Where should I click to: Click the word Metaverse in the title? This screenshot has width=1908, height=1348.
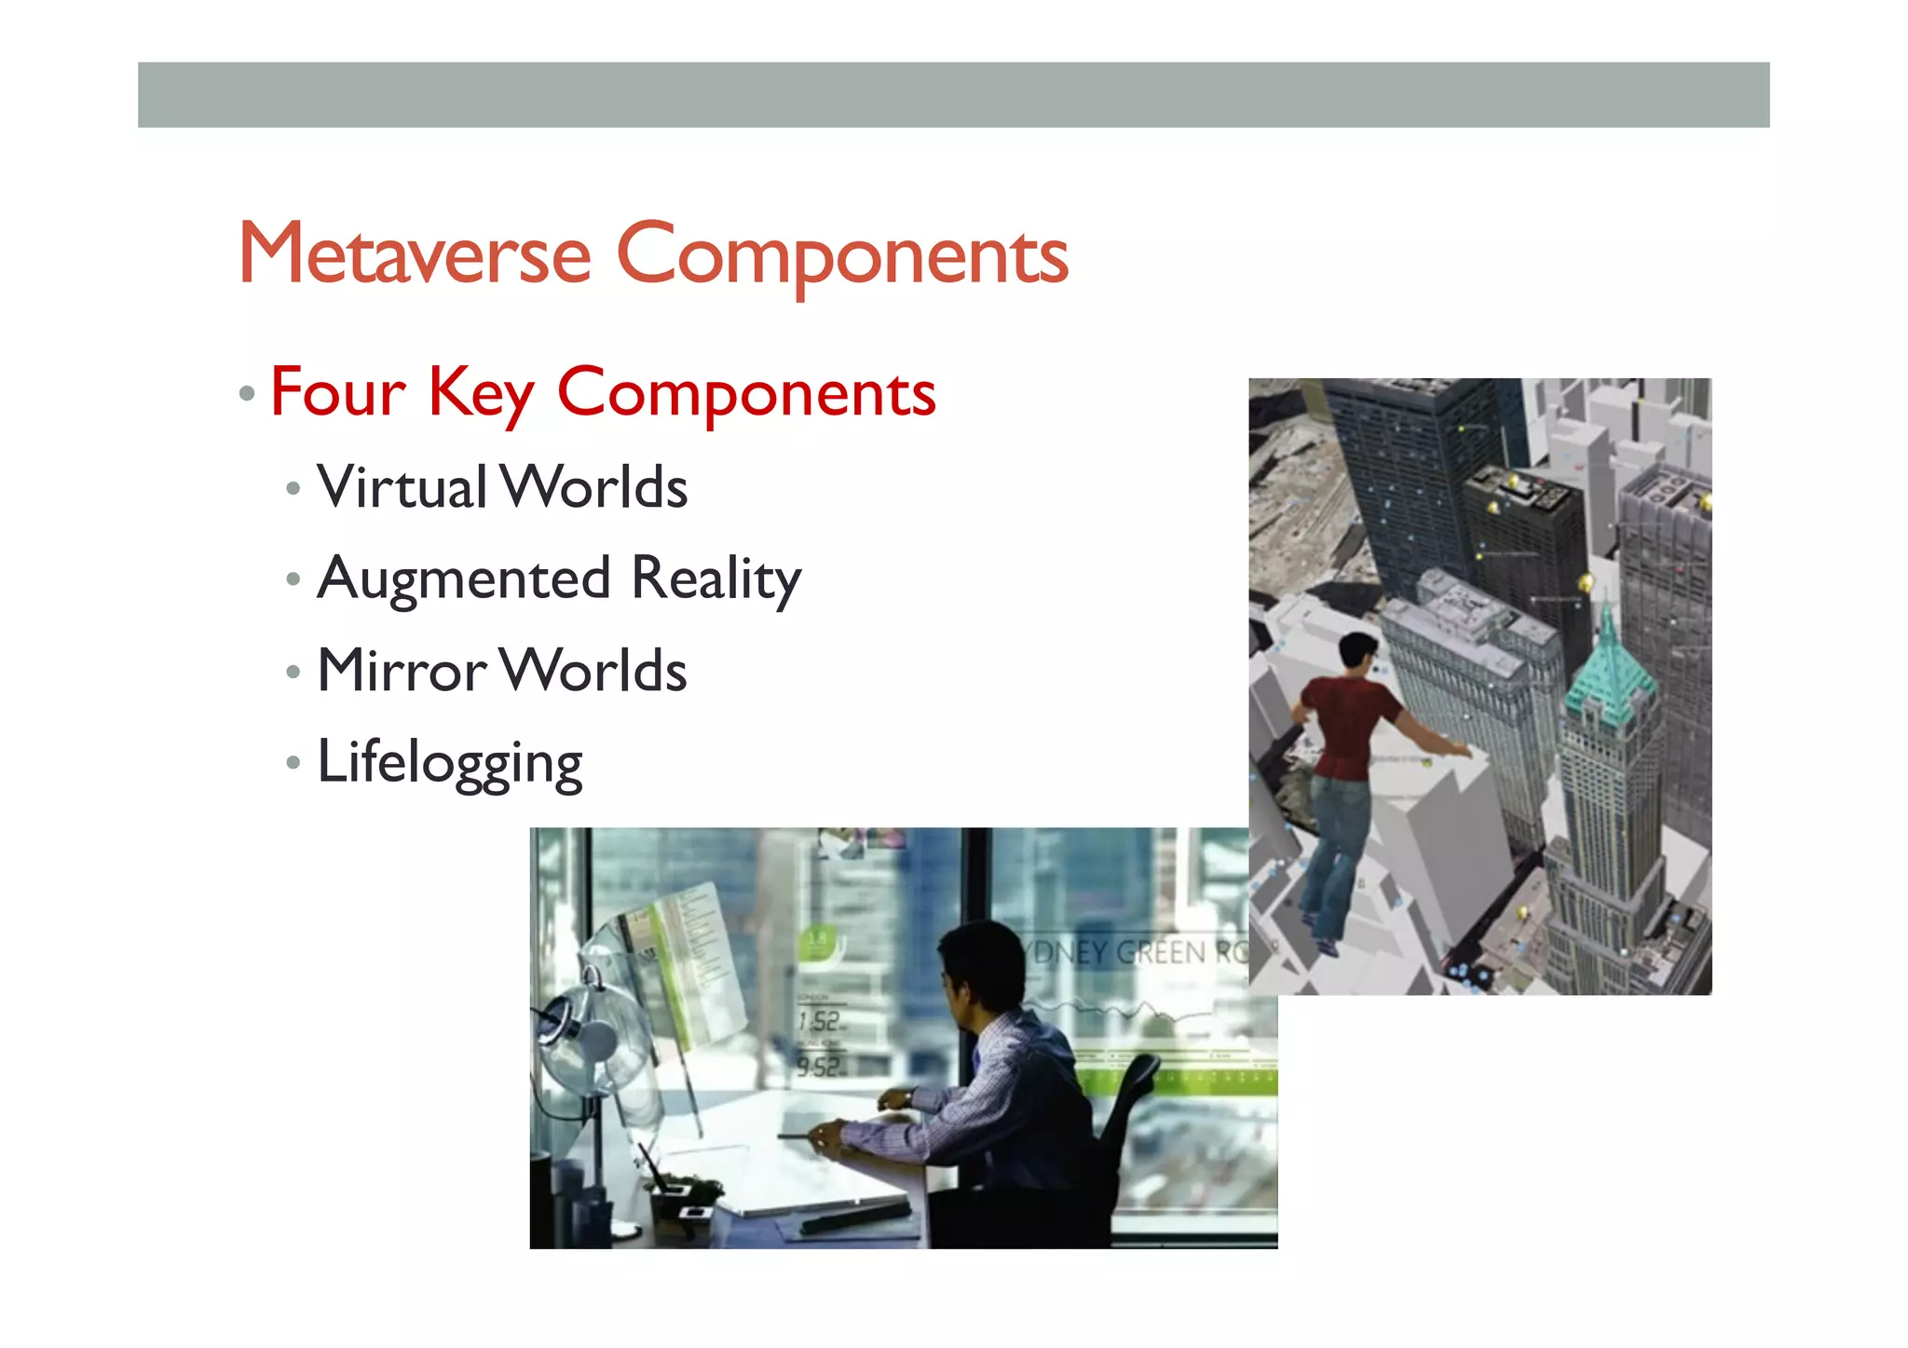click(415, 253)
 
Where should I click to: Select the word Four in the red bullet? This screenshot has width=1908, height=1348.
click(337, 392)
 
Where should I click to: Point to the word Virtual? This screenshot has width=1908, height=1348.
click(401, 486)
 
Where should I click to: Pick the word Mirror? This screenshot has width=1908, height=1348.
click(401, 670)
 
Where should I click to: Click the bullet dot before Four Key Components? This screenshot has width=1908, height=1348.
click(247, 393)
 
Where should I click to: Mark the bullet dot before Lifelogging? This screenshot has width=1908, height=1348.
click(293, 763)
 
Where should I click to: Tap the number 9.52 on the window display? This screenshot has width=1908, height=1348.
click(818, 1066)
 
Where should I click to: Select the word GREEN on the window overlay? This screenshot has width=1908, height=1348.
click(1160, 952)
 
